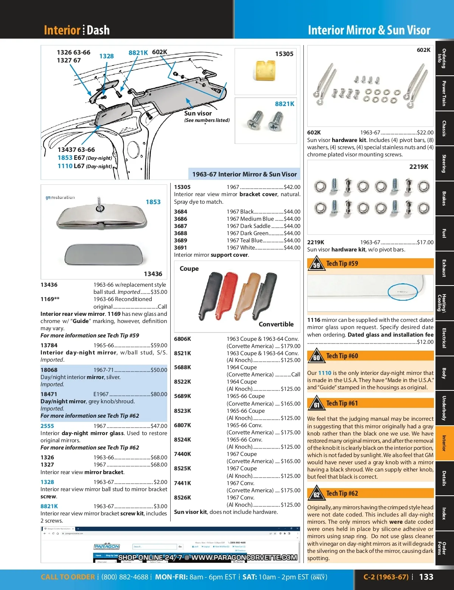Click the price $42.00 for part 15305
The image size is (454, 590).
point(292,187)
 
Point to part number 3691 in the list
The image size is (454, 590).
point(180,248)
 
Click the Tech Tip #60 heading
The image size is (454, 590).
point(342,356)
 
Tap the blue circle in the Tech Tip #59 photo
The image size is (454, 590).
point(403,292)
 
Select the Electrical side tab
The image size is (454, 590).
point(444,338)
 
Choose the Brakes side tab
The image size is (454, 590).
point(444,198)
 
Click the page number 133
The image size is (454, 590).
point(426,577)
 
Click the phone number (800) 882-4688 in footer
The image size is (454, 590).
point(125,577)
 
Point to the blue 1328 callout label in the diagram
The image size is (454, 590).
point(106,56)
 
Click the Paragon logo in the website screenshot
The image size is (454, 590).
point(107,546)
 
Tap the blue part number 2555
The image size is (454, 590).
point(47,426)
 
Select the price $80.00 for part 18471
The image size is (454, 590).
point(159,394)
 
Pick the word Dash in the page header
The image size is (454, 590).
point(98,30)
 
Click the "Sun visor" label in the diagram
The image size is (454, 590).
point(198,113)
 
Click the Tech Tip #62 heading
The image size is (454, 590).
point(342,493)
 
